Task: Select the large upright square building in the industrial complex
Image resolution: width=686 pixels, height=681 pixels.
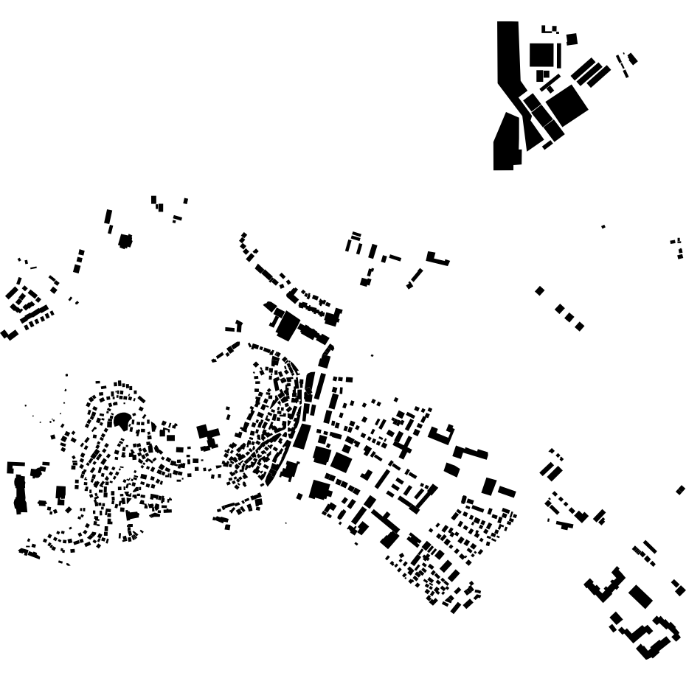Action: [x=541, y=55]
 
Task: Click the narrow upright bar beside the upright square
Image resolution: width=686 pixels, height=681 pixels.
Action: [x=559, y=55]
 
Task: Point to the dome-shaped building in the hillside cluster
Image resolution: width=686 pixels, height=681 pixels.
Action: [x=122, y=421]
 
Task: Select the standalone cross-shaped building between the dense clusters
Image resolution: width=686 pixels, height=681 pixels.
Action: [x=207, y=436]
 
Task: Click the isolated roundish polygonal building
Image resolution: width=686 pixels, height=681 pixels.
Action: [x=125, y=241]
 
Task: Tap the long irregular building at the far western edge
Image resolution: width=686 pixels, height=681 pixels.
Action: [x=20, y=494]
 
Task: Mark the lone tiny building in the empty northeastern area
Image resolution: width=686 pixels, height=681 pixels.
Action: [x=603, y=227]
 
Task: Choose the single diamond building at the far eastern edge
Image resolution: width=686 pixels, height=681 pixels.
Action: [x=680, y=490]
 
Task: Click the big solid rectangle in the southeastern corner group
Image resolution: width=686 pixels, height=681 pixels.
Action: [x=640, y=596]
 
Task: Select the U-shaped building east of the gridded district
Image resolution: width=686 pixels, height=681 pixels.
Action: [x=442, y=435]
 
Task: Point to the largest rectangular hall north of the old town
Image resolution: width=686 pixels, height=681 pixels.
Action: [x=287, y=325]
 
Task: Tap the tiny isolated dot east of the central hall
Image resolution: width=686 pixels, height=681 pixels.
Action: [x=372, y=355]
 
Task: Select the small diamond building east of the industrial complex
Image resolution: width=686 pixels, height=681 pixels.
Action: [x=632, y=59]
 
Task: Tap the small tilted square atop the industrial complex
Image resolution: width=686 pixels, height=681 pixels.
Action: [x=572, y=39]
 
